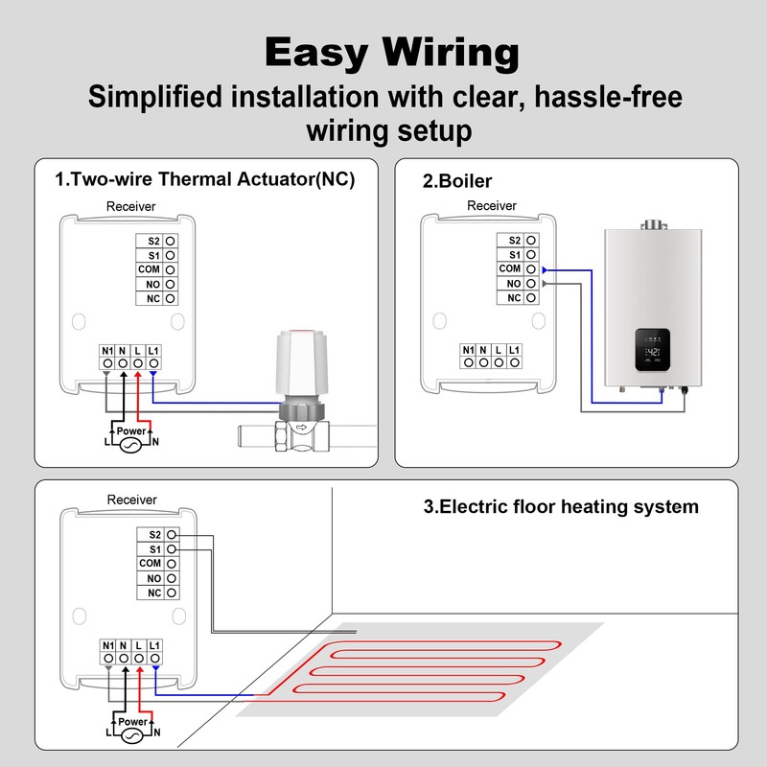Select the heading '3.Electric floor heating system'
tap(561, 506)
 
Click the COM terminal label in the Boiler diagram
tap(509, 269)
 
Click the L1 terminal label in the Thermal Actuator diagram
tap(154, 350)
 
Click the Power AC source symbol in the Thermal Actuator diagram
tap(130, 445)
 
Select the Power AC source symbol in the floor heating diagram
tap(131, 734)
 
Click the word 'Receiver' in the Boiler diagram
tap(492, 206)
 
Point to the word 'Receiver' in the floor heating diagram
tap(131, 500)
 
